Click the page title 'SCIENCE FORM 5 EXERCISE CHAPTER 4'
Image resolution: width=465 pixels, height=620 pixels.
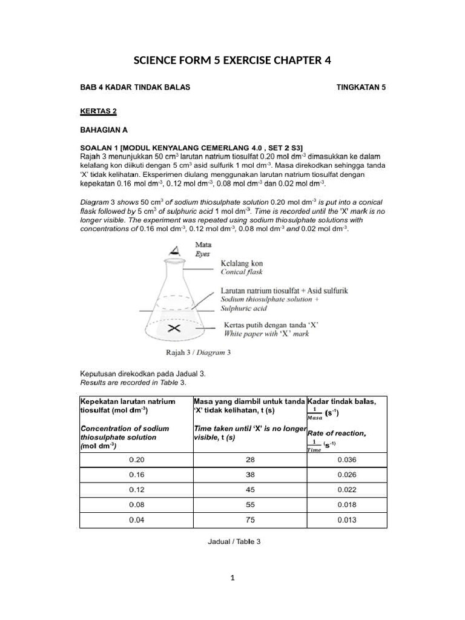232,61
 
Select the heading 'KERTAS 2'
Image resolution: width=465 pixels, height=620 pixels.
98,111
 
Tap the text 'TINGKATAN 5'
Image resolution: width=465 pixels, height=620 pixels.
361,87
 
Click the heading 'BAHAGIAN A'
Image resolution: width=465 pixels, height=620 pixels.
104,130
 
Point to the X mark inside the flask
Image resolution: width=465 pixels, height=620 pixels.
174,329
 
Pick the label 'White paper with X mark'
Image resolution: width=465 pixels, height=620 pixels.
271,333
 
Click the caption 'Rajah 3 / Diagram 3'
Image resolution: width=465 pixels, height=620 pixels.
199,352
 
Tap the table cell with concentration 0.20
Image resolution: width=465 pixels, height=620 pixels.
136,460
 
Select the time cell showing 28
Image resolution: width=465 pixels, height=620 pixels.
250,460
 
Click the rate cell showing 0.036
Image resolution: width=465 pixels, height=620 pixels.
347,460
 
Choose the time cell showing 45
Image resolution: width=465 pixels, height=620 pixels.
250,489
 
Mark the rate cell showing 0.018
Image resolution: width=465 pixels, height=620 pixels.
347,504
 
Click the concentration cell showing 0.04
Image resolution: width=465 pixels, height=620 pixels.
136,519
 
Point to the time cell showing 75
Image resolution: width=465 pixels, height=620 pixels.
250,519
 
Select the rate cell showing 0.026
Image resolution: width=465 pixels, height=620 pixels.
347,475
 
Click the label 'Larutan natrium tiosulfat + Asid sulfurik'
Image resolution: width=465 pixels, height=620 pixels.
284,291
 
